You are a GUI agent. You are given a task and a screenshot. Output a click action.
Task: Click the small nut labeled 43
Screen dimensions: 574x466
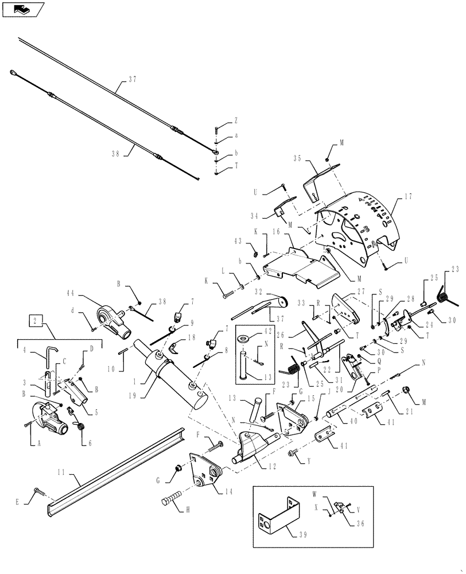254,250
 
